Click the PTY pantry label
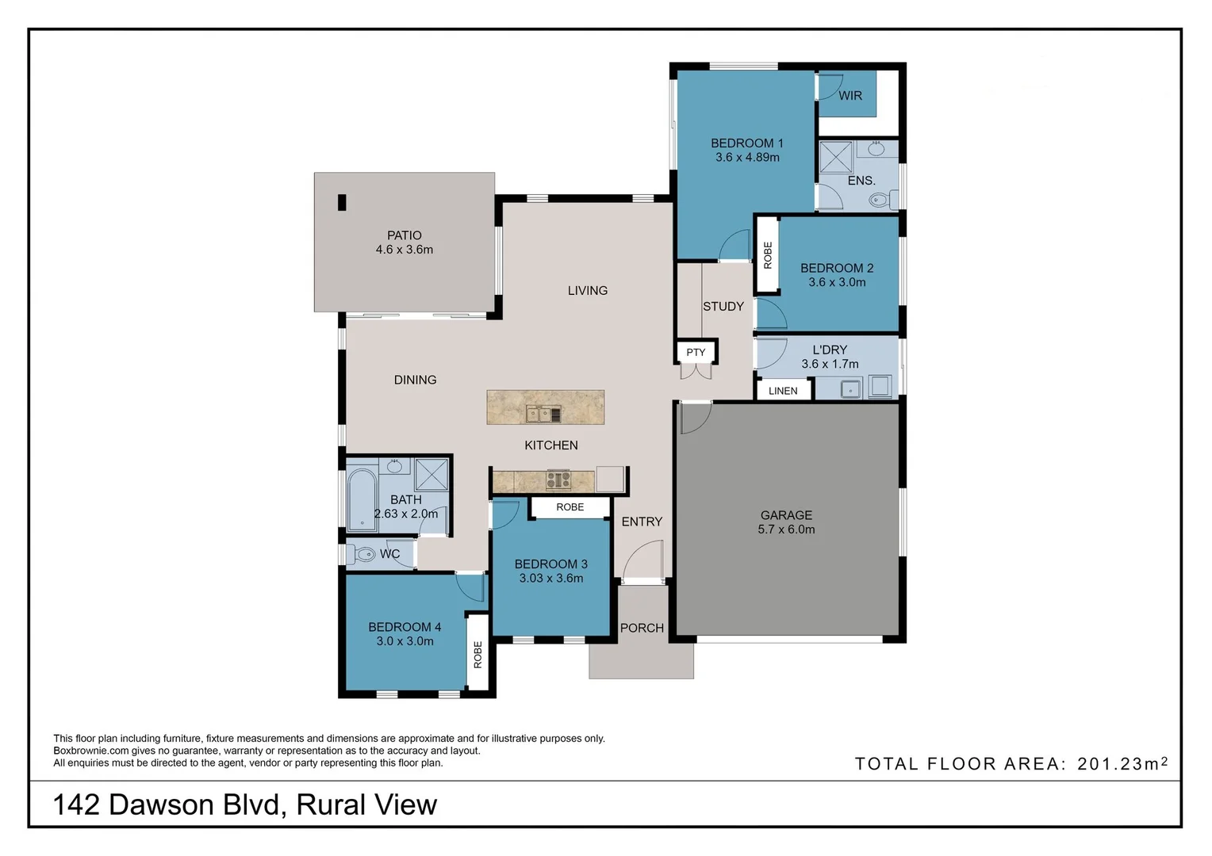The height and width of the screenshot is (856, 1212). (696, 353)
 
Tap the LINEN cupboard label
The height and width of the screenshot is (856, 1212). (783, 391)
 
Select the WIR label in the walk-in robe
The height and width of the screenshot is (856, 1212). (850, 96)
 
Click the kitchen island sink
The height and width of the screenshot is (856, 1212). (544, 414)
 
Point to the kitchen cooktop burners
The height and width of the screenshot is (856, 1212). (558, 480)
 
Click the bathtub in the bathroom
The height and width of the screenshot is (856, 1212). (362, 499)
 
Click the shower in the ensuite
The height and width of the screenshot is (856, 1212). (835, 157)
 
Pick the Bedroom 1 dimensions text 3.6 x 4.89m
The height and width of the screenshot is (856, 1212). (747, 158)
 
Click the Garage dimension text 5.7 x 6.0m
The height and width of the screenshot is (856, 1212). (786, 529)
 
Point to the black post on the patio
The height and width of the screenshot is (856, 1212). (342, 203)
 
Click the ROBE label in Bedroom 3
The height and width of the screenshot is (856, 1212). (570, 507)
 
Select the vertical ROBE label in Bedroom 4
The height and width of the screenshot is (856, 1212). (478, 655)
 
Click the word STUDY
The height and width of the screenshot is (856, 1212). (723, 307)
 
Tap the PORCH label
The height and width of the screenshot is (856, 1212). (642, 628)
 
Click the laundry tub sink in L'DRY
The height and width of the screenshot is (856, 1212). (850, 388)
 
